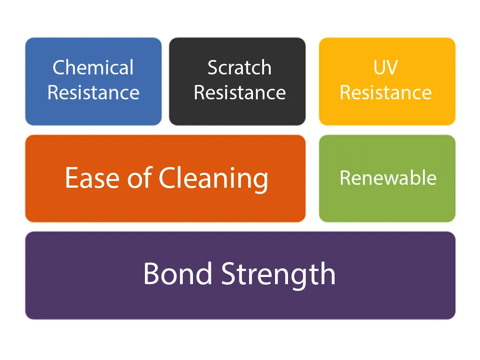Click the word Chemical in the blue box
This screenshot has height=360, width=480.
click(x=93, y=67)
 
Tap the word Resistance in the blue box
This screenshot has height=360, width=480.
click(x=94, y=93)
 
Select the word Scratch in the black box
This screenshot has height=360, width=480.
click(x=240, y=67)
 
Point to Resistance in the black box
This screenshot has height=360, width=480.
click(x=240, y=93)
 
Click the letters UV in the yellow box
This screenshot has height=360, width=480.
click(x=386, y=67)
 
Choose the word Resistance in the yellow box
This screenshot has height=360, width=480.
click(x=386, y=93)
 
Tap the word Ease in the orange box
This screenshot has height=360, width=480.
click(x=92, y=178)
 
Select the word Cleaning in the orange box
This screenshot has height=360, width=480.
click(x=214, y=180)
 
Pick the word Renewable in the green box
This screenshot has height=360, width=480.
click(x=388, y=178)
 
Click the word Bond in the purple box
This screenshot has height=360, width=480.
click(x=178, y=274)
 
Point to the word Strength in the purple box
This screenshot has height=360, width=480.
click(x=278, y=275)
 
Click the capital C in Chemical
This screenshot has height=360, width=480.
click(x=60, y=67)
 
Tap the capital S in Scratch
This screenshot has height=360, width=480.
click(x=213, y=67)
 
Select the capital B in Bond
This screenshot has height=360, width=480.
click(x=152, y=274)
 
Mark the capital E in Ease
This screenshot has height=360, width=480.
click(x=72, y=178)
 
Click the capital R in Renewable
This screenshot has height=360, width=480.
click(x=346, y=178)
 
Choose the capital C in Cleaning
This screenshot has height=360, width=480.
click(x=168, y=178)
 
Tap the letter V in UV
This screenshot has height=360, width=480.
click(x=392, y=67)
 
